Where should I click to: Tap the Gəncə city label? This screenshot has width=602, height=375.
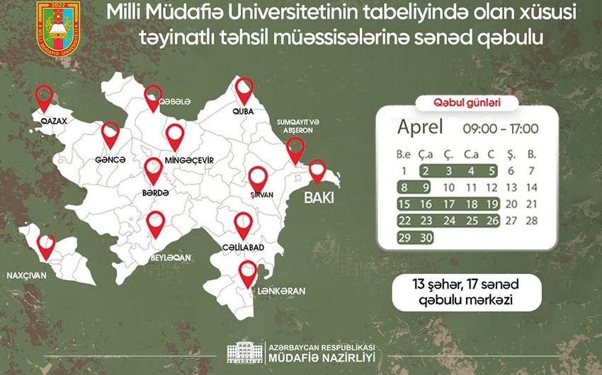(x=110, y=161)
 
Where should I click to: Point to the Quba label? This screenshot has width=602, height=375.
(x=243, y=112)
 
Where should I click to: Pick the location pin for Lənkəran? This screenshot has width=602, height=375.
(x=247, y=272)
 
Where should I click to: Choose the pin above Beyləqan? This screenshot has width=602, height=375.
(x=156, y=224)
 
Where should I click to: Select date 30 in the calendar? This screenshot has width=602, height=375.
(x=426, y=238)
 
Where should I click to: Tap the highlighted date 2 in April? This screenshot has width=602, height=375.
(x=426, y=171)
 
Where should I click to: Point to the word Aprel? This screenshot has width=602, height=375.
(x=419, y=127)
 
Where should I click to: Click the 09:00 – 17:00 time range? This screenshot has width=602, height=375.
(x=501, y=129)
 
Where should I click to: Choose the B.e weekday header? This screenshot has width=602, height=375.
(x=404, y=153)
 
